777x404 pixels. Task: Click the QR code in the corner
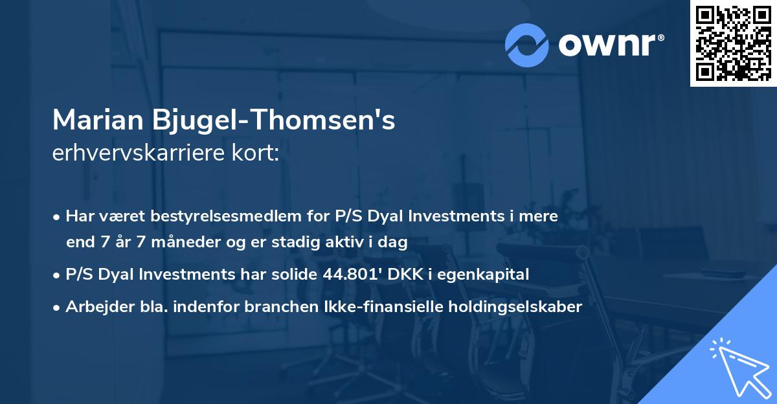pos(733,43)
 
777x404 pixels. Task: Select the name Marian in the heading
pos(98,121)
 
